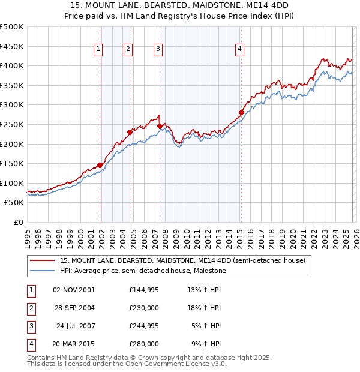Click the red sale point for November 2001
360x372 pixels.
point(100,165)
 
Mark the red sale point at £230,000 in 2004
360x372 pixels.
point(130,132)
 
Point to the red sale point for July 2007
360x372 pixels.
point(160,126)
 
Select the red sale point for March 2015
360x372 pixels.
point(241,112)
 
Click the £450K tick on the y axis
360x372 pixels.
point(12,46)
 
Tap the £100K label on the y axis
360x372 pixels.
point(12,183)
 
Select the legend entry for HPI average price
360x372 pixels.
point(142,271)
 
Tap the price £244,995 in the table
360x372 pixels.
point(144,326)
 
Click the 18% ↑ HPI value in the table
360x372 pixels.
point(204,308)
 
